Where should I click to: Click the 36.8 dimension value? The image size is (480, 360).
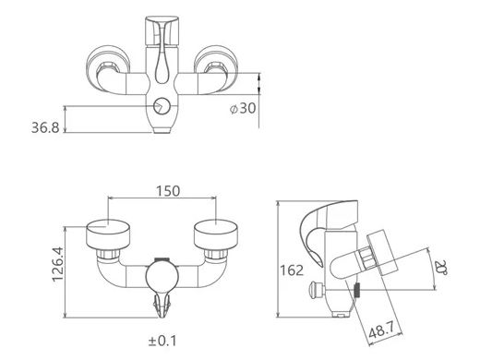point(45,127)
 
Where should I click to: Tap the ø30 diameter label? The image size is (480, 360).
point(243,108)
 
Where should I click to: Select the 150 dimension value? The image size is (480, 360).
point(168,191)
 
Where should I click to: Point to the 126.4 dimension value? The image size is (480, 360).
point(57,264)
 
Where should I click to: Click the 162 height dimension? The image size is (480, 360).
point(292,270)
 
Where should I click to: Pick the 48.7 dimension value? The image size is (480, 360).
point(382,330)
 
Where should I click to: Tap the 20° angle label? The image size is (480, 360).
point(441,267)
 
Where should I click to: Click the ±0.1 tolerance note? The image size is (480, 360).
point(162,341)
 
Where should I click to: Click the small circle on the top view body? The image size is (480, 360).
point(162,106)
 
